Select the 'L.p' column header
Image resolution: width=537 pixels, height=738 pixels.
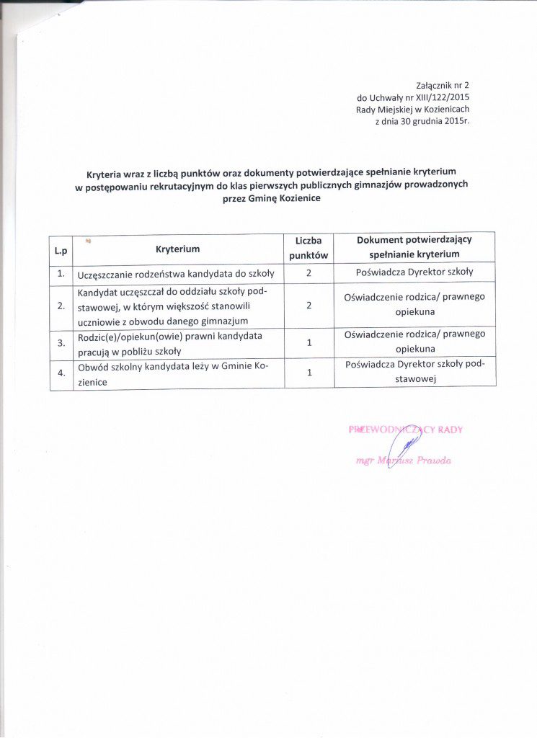pyautogui.click(x=61, y=249)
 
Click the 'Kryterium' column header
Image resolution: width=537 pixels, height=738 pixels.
pyautogui.click(x=177, y=249)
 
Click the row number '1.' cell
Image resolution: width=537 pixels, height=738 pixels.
pyautogui.click(x=61, y=273)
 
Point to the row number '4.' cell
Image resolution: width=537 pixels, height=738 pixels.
pyautogui.click(x=61, y=374)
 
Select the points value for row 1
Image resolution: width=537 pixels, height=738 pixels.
pyautogui.click(x=309, y=273)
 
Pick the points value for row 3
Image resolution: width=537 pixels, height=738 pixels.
pyautogui.click(x=309, y=342)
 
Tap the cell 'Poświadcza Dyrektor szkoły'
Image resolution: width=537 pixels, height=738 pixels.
pyautogui.click(x=414, y=272)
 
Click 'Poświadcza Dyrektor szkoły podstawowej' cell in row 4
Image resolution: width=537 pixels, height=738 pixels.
pyautogui.click(x=414, y=373)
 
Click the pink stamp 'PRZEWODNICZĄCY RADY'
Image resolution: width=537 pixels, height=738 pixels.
pyautogui.click(x=406, y=430)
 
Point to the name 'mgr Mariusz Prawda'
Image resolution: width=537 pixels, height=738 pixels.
pyautogui.click(x=404, y=460)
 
